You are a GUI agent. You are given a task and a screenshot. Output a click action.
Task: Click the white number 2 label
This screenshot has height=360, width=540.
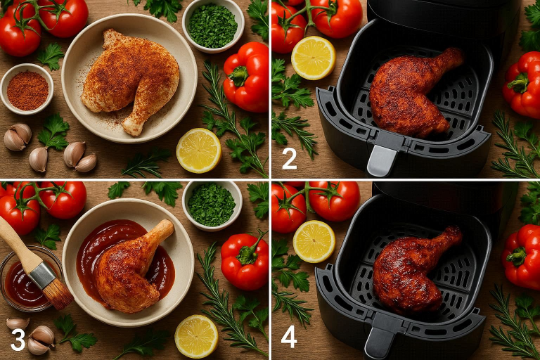click(289, 159)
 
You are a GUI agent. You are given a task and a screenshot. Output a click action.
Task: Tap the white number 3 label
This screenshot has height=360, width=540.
click(18, 340)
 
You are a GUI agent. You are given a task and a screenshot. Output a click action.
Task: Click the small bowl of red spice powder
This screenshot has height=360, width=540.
click(27, 89)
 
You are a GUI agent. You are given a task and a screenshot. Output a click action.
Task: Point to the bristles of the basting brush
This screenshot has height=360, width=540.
click(58, 294)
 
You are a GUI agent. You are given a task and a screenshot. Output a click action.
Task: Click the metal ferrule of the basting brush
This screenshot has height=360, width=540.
click(42, 274)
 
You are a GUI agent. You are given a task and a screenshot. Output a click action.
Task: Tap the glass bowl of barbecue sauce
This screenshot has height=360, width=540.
click(26, 280)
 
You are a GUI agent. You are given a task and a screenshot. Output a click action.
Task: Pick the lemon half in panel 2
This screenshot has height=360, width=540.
click(313, 58)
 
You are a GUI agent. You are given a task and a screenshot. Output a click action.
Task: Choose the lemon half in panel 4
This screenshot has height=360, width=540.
click(314, 241)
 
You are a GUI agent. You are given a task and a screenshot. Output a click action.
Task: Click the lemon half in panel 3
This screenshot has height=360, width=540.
click(196, 336)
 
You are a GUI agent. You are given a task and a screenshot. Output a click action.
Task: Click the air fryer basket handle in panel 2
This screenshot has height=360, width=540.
click(382, 160)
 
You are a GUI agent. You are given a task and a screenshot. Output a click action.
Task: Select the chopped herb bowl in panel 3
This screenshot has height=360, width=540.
click(212, 205)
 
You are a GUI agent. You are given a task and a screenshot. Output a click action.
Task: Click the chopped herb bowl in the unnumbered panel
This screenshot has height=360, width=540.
click(213, 26)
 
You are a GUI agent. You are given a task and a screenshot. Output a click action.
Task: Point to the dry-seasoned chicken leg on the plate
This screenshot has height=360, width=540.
click(131, 80)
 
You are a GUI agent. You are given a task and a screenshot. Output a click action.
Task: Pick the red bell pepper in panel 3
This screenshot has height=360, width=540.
click(245, 260)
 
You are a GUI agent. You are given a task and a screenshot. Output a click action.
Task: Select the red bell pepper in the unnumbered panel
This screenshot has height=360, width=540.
click(246, 77)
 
